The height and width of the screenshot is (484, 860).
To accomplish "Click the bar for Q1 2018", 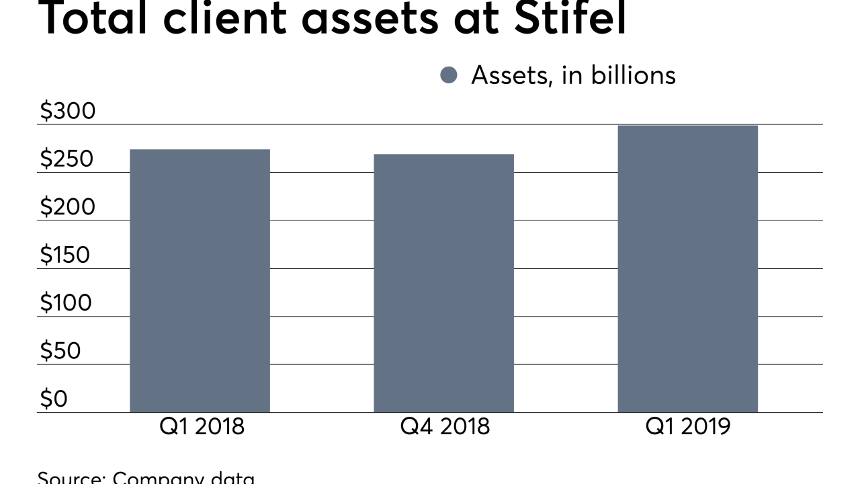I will pos(200,280).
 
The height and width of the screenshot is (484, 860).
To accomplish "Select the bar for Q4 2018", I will pos(443,283).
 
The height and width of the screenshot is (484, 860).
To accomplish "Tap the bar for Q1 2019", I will pos(687,268).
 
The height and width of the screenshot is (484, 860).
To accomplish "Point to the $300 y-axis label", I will pos(68,111).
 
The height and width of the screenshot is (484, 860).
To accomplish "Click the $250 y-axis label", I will pos(68,159).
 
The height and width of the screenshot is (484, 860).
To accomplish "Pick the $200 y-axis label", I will pos(68,207).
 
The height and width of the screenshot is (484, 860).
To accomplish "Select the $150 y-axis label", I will pos(65,255).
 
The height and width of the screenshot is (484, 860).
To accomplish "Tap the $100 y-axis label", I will pos(65,303).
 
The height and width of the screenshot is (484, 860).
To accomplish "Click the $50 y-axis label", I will pos(60,351).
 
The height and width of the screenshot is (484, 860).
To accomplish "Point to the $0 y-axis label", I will pos(54,399).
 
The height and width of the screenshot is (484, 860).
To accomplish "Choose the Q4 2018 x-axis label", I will pos(445,426).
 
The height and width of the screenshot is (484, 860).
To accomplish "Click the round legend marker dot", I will pos(449,75).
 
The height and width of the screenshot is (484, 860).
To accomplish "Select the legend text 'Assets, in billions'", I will pos(573,75).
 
